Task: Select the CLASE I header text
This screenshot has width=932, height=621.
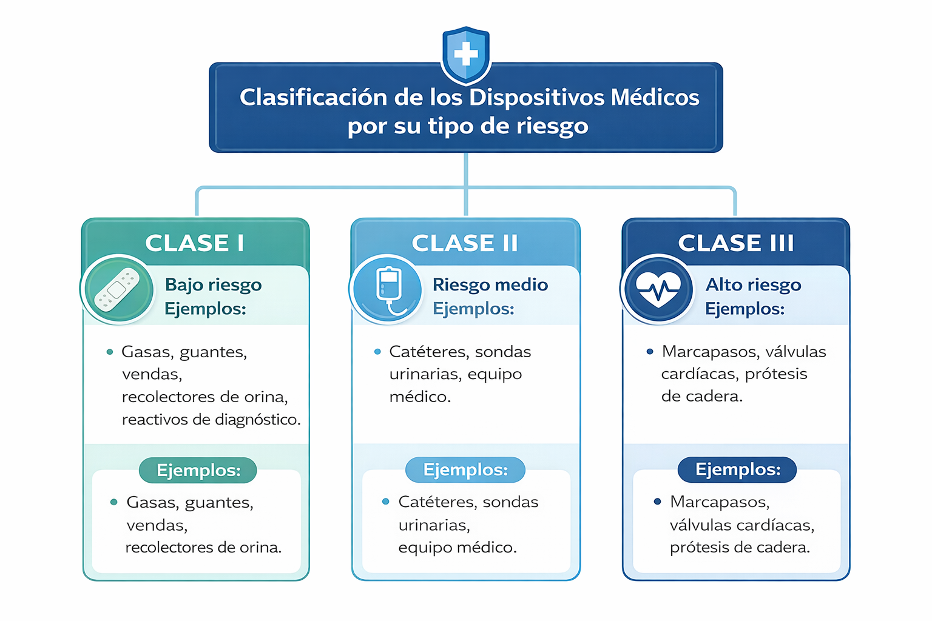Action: tap(195, 243)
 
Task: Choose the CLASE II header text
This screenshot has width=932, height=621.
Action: tap(465, 243)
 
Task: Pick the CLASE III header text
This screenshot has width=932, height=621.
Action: tap(735, 243)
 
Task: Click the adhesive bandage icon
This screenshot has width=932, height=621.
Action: tap(118, 289)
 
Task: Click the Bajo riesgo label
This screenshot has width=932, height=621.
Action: tap(213, 285)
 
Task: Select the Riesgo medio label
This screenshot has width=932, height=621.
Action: tap(490, 285)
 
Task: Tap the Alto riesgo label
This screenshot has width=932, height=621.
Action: tap(753, 285)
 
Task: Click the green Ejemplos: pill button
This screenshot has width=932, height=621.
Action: tap(198, 470)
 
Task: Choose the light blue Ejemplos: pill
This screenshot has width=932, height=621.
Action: tap(465, 470)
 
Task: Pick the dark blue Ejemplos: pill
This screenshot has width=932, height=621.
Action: tap(737, 470)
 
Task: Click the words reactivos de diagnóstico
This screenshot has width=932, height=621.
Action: tap(211, 420)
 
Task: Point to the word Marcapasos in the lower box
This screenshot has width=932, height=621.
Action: tap(720, 502)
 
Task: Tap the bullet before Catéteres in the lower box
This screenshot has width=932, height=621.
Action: tap(385, 502)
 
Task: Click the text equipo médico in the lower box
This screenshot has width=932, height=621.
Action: tap(457, 548)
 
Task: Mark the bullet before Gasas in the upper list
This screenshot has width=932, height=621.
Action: tap(110, 352)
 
